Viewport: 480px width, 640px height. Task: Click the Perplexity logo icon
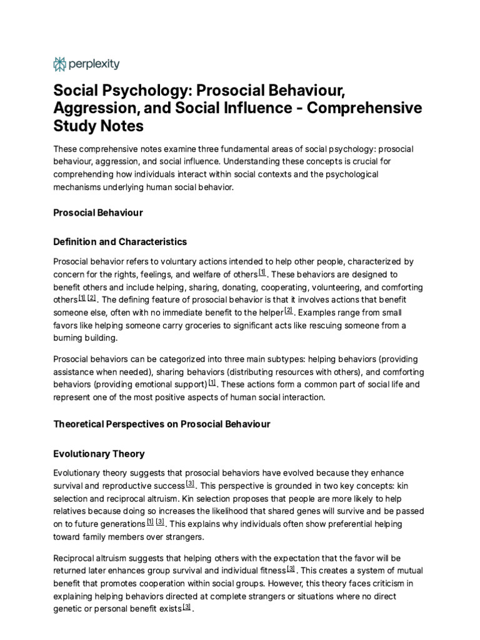pos(60,63)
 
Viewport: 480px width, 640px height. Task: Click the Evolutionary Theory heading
pos(99,454)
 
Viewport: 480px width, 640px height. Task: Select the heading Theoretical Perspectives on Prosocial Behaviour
pos(162,424)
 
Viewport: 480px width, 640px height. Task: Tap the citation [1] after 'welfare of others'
pos(262,272)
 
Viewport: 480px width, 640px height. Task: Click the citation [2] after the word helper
pos(288,310)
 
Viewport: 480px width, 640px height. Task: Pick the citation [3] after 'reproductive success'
pos(190,484)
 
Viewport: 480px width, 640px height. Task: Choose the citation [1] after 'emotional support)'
pos(212,381)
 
